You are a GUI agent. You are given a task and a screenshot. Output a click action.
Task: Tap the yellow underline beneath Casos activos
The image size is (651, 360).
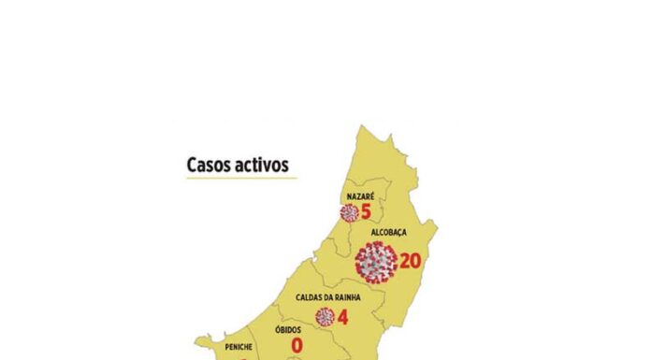tap(241, 178)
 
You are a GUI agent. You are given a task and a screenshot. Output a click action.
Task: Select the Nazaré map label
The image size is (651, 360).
tap(360, 195)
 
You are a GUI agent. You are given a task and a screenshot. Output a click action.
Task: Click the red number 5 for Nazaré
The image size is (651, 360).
tap(366, 212)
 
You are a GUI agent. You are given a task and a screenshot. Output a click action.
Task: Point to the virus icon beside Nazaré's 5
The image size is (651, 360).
tap(349, 212)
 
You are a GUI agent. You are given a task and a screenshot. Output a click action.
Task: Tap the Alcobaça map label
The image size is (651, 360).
tap(388, 232)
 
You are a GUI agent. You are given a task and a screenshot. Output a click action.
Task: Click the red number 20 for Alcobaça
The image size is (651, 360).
tap(410, 261)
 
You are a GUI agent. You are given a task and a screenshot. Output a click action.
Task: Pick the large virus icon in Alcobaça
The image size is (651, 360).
tap(376, 262)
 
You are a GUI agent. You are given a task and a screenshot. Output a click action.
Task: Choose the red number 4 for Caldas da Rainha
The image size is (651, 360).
tap(342, 317)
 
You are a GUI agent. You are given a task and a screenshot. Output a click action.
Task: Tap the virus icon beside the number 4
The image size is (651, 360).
tap(325, 317)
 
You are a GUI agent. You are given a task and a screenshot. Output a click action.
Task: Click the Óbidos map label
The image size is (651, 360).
tap(288, 330)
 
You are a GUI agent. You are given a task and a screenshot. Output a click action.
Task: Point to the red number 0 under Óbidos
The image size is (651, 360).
tap(297, 347)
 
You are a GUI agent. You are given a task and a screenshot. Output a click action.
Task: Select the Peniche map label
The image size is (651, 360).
tap(239, 347)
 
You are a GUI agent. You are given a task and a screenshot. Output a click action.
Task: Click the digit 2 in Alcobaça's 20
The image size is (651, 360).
tap(404, 261)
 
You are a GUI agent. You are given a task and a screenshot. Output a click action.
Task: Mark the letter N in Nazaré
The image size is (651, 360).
tap(348, 195)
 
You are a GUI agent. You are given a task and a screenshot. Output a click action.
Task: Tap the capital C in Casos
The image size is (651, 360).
tap(192, 165)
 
